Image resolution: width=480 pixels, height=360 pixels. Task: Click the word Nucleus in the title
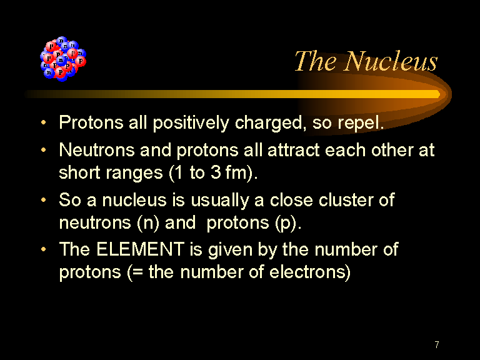(x=391, y=61)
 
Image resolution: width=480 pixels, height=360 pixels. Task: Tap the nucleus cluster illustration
(x=63, y=59)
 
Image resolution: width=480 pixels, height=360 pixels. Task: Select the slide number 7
(x=437, y=345)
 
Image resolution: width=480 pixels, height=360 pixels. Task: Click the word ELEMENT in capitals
(x=141, y=249)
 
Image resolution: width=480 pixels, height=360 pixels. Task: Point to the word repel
(x=361, y=123)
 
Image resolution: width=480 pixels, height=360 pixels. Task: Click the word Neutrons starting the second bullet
(x=97, y=150)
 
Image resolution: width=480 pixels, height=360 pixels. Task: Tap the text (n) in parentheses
(x=148, y=223)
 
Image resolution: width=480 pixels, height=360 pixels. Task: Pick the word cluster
(x=345, y=200)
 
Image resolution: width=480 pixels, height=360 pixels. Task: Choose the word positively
(x=191, y=123)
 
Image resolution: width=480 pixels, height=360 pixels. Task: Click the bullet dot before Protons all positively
(x=44, y=122)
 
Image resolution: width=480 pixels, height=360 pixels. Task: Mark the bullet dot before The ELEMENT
(x=44, y=249)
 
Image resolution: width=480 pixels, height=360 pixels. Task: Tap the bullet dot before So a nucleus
(x=44, y=200)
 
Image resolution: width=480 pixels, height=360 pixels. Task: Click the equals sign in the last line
(x=138, y=272)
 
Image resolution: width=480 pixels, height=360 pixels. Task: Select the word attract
(x=294, y=150)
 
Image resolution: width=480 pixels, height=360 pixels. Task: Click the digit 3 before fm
(x=216, y=172)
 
